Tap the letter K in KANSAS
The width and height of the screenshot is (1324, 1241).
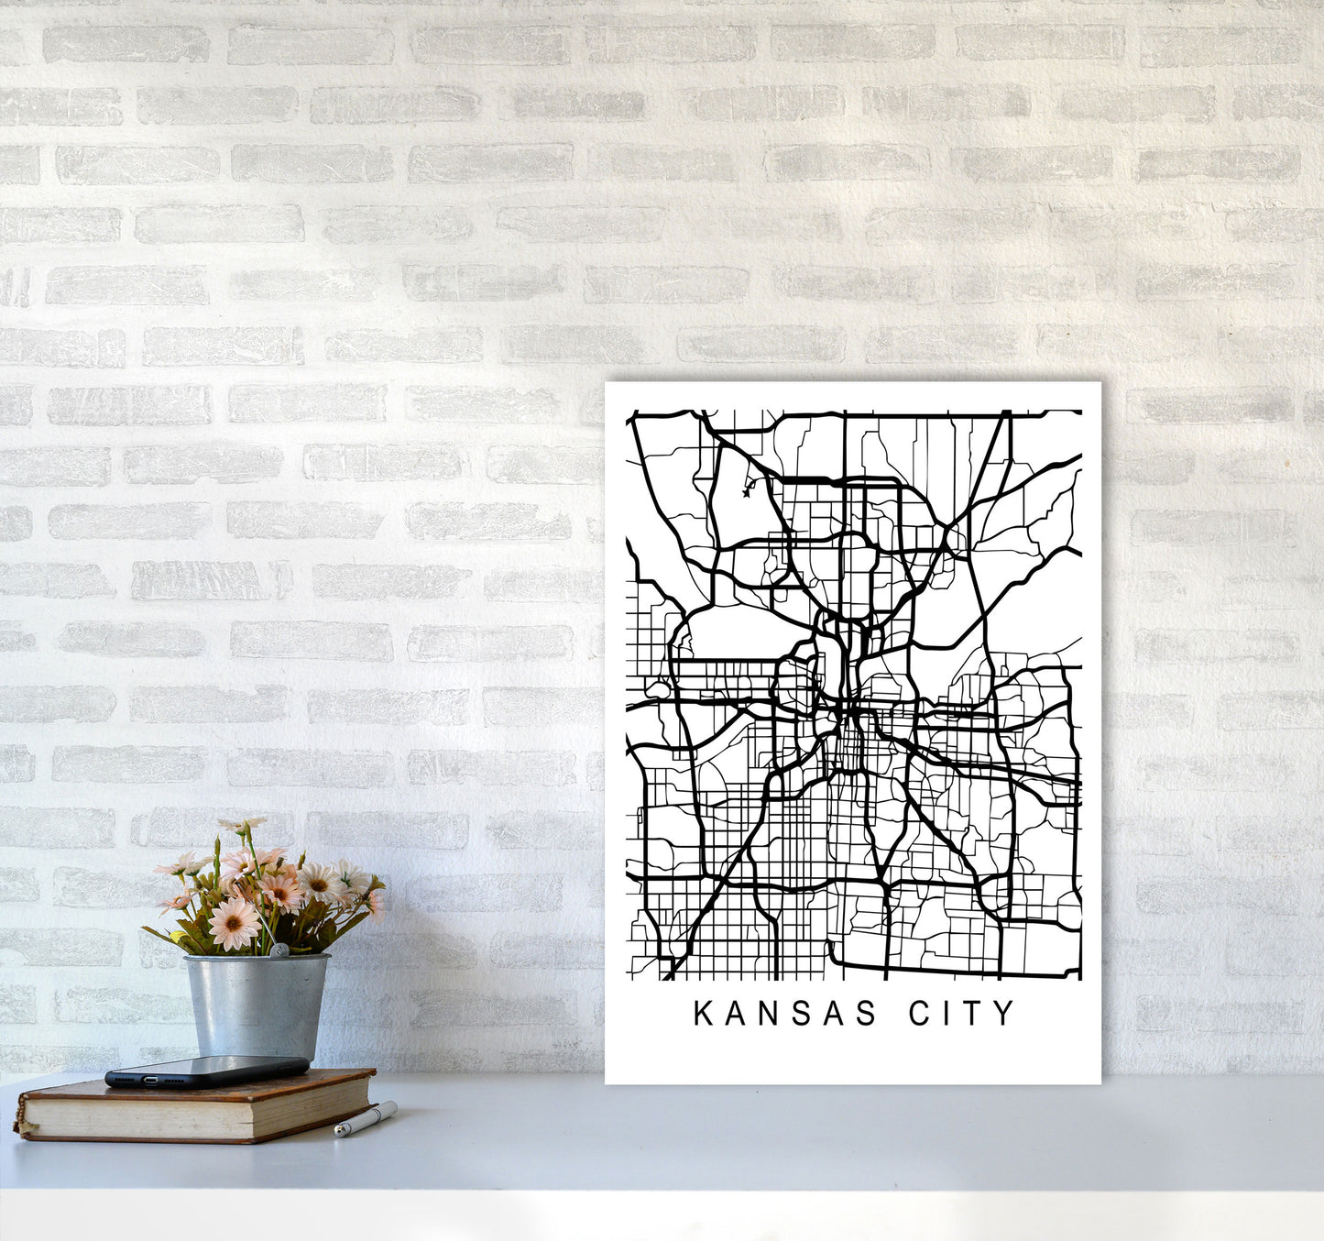pos(703,1014)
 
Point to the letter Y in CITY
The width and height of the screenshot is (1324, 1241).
pos(1006,1014)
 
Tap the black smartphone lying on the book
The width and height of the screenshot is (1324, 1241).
pos(207,1070)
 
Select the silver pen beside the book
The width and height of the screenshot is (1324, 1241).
pos(366,1119)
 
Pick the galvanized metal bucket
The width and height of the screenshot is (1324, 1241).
pos(256,1004)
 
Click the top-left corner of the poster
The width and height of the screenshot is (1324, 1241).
pos(607,384)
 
